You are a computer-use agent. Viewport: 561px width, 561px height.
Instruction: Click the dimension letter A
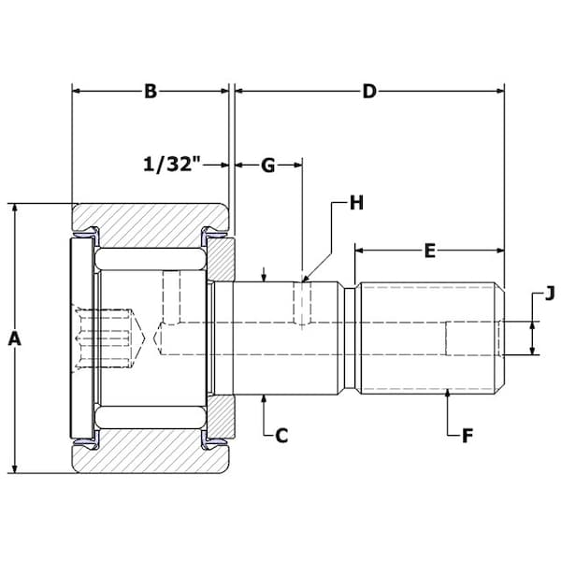14,338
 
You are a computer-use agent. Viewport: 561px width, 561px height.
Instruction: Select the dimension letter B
151,92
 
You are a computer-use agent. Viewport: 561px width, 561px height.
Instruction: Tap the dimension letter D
369,92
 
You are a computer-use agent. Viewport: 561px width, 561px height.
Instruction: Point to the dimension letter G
268,165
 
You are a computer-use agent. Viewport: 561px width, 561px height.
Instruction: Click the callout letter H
356,203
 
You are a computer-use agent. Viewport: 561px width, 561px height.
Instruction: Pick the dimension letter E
430,251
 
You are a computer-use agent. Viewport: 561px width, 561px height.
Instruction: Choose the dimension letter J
550,294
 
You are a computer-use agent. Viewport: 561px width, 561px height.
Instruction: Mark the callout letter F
467,436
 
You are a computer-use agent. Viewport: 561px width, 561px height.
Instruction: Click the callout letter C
281,436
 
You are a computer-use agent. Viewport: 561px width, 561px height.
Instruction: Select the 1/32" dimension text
171,165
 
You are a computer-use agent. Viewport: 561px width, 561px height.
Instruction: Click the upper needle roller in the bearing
151,258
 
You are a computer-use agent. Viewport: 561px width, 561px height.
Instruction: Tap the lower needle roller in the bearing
151,417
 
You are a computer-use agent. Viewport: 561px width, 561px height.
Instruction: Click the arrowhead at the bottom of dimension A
14,468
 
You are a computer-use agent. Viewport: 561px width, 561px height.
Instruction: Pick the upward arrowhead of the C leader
264,399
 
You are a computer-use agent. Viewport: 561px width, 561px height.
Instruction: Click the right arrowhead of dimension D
499,92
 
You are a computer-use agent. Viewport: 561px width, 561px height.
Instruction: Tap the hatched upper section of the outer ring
151,217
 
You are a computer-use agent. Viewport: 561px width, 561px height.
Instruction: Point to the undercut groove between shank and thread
351,338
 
